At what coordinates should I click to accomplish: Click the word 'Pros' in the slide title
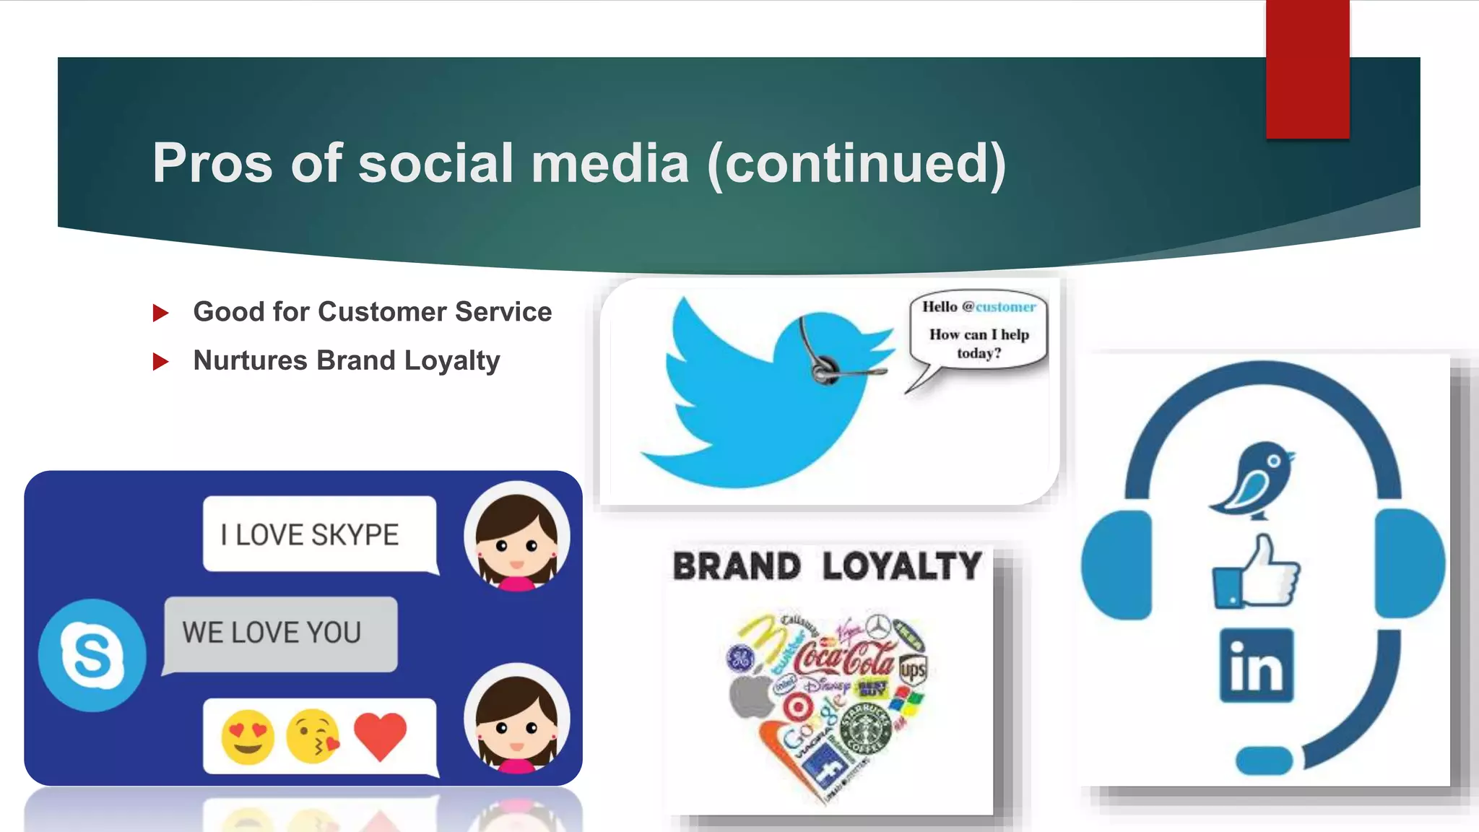tap(212, 163)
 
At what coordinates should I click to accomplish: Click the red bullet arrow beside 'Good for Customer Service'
tap(160, 313)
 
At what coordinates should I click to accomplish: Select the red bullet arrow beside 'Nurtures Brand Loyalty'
tap(160, 361)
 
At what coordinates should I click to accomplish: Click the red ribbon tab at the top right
tap(1307, 69)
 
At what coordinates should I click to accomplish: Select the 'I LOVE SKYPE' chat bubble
tap(319, 534)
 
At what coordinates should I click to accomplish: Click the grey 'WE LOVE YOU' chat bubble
tap(280, 633)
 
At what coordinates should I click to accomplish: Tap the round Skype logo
tap(92, 655)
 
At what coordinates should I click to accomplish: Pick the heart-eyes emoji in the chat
tap(248, 737)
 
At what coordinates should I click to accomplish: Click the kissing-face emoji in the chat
tap(313, 737)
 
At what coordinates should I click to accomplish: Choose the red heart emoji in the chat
tap(380, 735)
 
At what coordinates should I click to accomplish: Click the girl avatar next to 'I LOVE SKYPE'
tap(516, 535)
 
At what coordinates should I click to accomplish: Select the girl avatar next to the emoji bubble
tap(516, 718)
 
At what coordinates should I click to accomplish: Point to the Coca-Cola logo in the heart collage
tap(843, 656)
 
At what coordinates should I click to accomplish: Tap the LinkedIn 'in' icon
tap(1257, 665)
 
